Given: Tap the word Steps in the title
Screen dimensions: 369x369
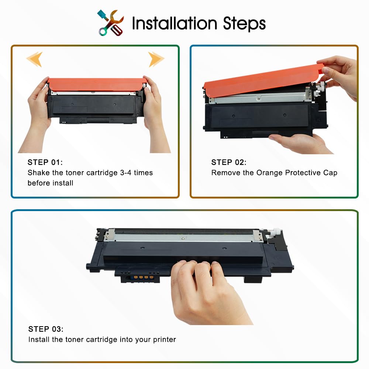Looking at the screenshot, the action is (244, 24).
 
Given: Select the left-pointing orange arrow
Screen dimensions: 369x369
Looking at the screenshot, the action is (35, 59).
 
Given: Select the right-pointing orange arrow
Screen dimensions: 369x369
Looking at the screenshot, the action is (156, 59).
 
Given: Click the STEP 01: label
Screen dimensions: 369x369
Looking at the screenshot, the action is (45, 162).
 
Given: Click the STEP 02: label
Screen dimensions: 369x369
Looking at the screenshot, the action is (229, 162).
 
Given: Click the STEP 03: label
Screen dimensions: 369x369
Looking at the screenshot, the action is (46, 329).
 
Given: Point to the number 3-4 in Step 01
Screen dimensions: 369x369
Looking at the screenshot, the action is (126, 173).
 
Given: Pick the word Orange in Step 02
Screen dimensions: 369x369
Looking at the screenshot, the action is (269, 173).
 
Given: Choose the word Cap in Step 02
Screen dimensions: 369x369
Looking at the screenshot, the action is (330, 173).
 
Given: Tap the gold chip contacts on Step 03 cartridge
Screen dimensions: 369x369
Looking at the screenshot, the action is (143, 277).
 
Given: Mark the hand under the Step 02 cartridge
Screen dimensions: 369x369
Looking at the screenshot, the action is (301, 143).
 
